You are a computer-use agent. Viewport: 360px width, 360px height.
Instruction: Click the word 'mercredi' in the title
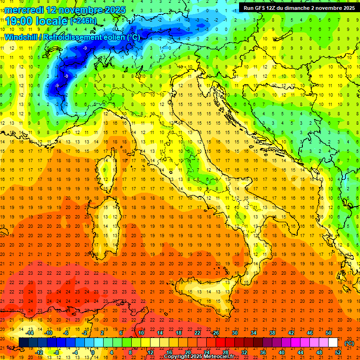[x=20, y=10]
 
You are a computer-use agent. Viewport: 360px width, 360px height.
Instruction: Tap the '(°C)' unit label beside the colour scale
[x=350, y=343]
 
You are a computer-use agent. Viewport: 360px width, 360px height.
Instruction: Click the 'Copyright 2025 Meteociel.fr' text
[x=199, y=356]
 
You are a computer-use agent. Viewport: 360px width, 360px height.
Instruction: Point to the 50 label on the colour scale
[x=329, y=333]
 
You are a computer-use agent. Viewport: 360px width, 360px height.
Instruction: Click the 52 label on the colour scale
[x=338, y=352]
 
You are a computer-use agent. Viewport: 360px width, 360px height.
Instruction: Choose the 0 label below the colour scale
[x=93, y=352]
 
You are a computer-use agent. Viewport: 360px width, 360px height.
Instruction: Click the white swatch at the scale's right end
[x=333, y=343]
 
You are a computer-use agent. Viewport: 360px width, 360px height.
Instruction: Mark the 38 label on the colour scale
[x=272, y=333]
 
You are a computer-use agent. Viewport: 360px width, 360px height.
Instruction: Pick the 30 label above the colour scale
[x=235, y=333]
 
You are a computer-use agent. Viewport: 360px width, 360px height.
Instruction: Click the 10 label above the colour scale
[x=141, y=333]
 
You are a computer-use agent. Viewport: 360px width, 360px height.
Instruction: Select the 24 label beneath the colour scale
[x=207, y=352]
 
